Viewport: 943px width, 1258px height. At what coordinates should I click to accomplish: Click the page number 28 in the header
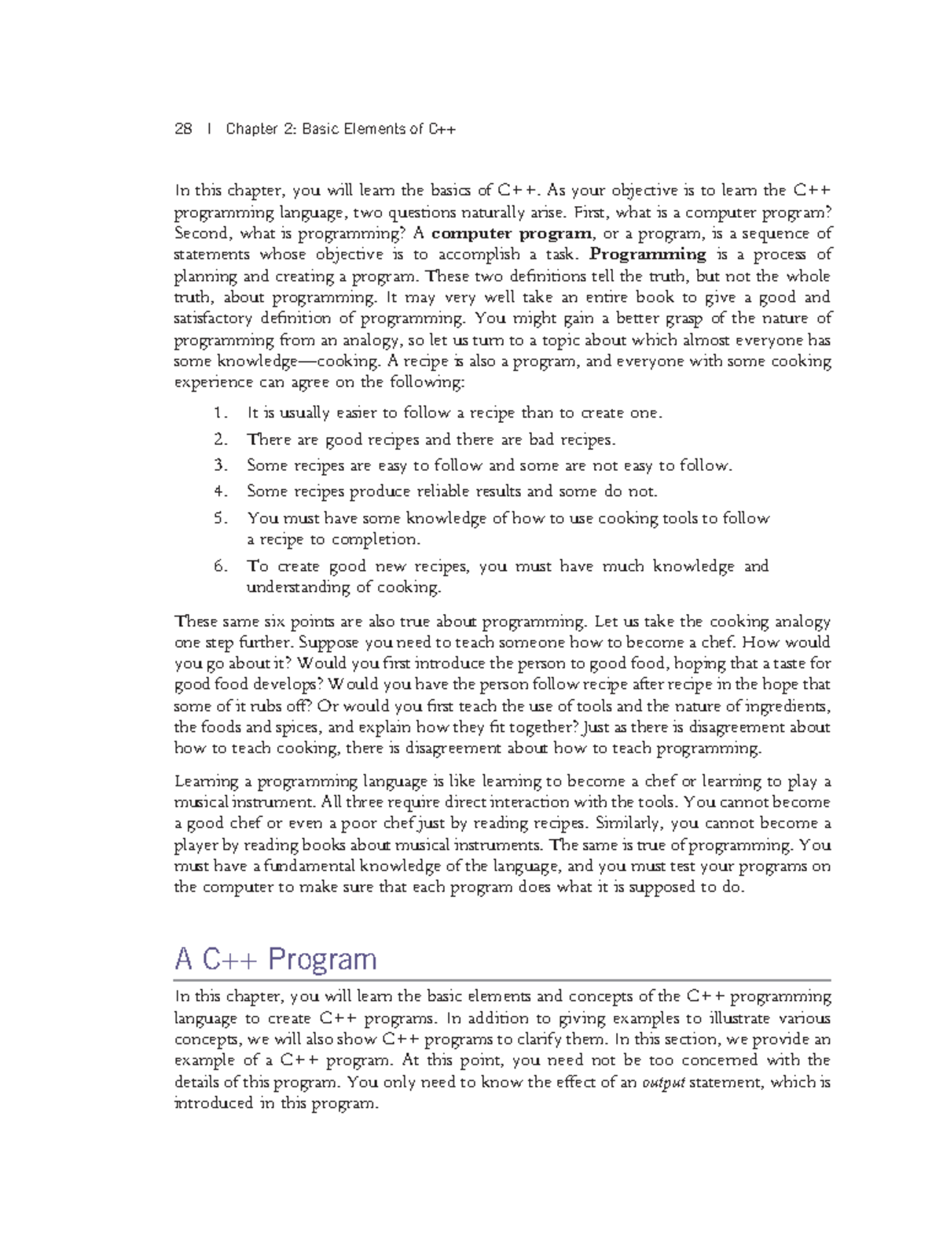tap(182, 129)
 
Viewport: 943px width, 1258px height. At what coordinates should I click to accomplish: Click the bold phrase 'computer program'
tap(512, 234)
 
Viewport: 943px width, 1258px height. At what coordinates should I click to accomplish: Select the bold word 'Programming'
tap(648, 255)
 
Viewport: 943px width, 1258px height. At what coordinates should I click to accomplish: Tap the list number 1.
tap(219, 414)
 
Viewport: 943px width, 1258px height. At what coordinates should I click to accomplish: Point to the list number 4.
tap(219, 492)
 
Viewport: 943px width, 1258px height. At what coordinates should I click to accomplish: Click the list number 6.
tap(219, 567)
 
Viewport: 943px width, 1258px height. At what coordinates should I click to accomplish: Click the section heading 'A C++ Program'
tap(276, 960)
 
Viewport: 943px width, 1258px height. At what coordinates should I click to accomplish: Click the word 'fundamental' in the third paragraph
tap(309, 867)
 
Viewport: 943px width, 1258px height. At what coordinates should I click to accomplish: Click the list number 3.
tap(219, 465)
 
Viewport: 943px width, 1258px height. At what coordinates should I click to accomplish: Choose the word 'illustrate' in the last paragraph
tap(741, 1019)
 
